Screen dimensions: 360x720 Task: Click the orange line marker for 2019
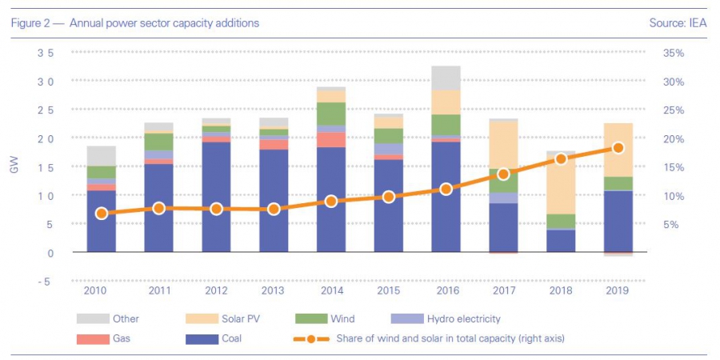(618, 148)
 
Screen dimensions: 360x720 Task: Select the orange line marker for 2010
(102, 214)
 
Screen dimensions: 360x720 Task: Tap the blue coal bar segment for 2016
(446, 197)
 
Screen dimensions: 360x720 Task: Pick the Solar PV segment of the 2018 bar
(561, 185)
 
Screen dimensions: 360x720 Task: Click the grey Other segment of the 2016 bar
(446, 78)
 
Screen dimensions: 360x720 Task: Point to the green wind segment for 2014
(331, 114)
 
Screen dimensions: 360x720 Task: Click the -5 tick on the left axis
(46, 282)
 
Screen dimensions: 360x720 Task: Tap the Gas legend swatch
(91, 338)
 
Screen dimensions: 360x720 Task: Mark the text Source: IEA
(678, 23)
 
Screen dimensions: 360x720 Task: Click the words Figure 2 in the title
(31, 23)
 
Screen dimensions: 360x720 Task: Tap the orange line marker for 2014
(331, 202)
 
